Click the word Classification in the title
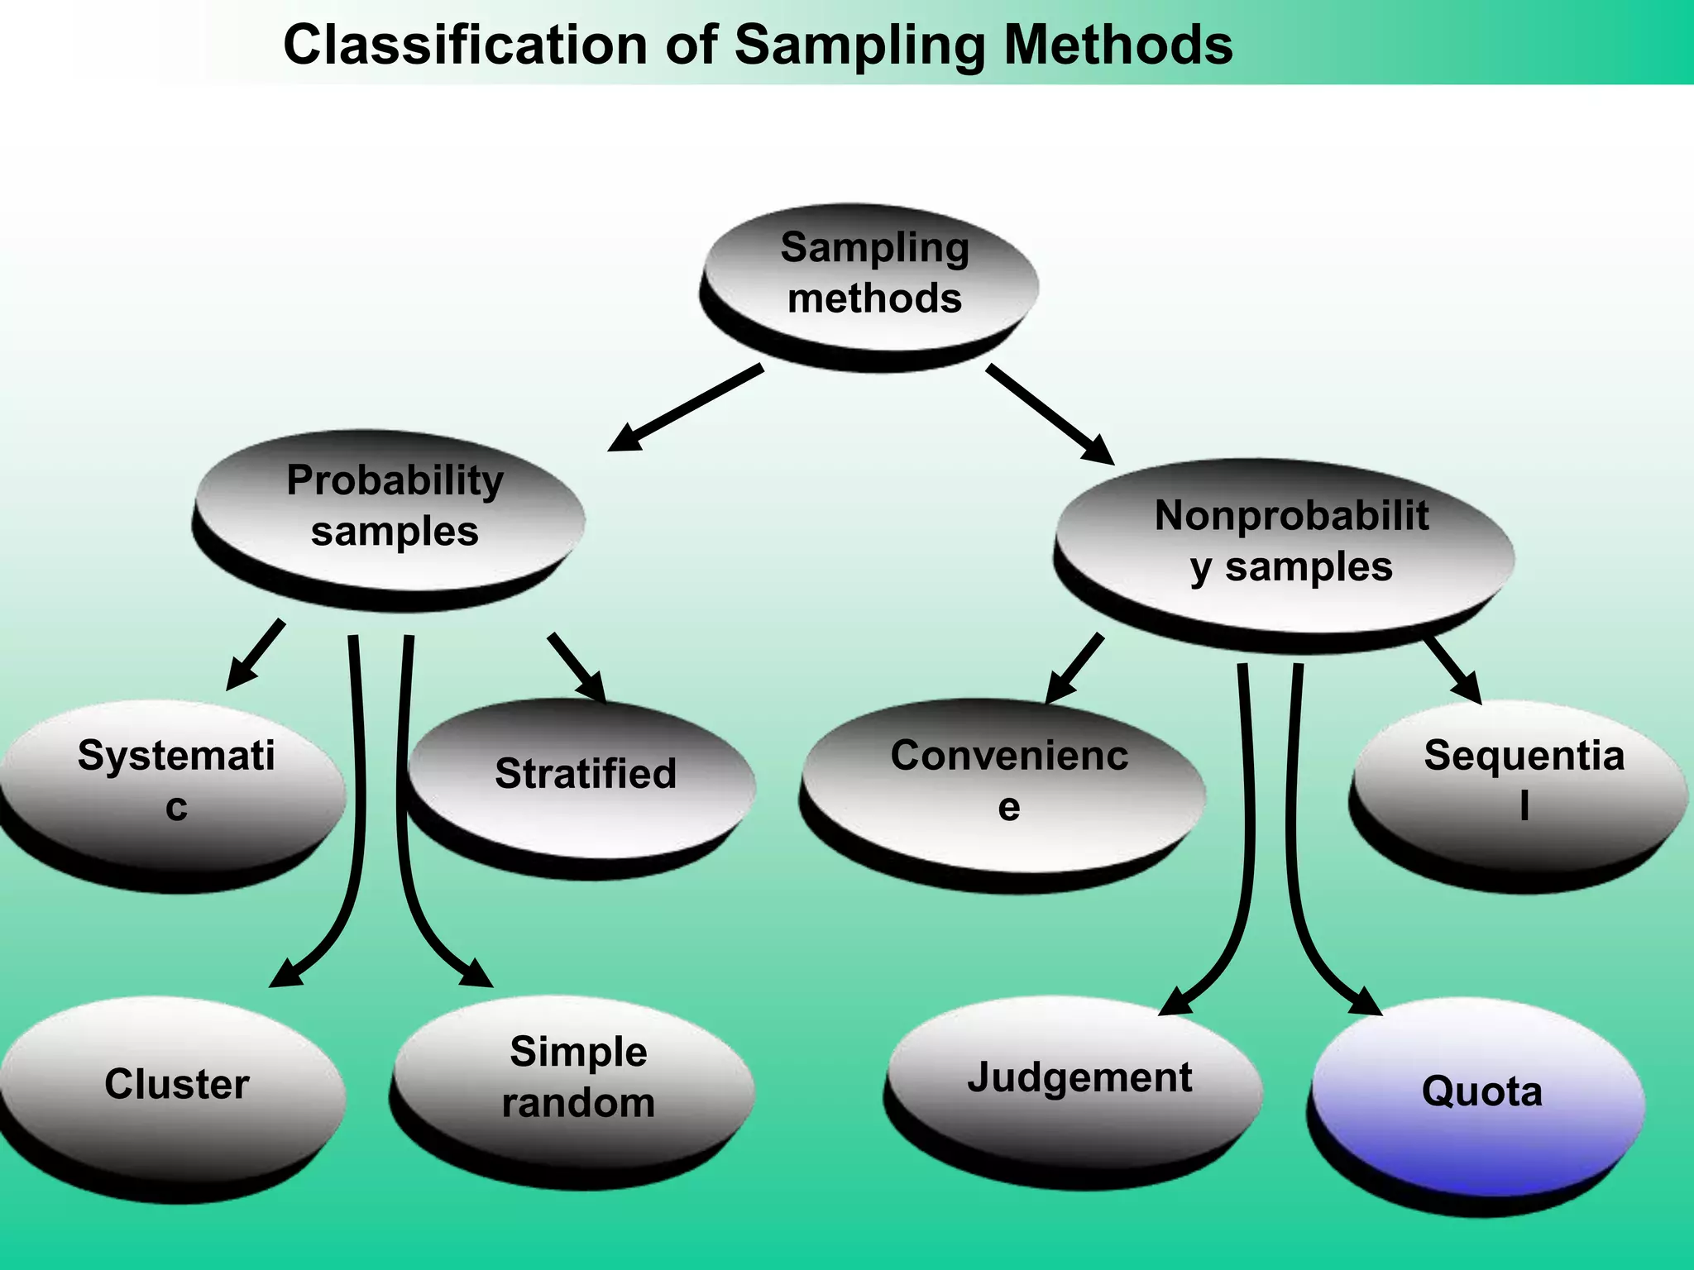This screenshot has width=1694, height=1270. pos(465,45)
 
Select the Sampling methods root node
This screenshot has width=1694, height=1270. pos(873,277)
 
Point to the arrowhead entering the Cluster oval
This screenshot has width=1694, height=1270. pos(288,973)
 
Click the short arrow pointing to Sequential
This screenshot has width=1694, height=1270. pos(1453,671)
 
